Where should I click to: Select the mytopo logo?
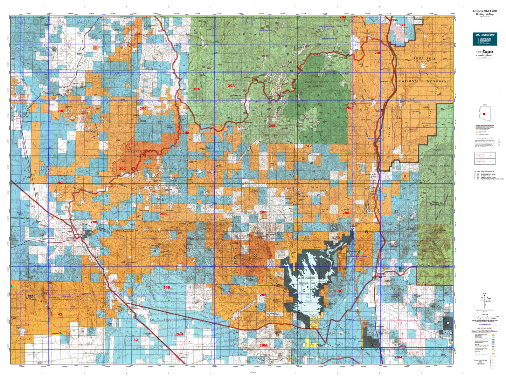tap(484, 53)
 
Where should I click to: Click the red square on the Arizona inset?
tap(484, 114)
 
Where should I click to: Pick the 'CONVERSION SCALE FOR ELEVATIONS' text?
tap(480, 362)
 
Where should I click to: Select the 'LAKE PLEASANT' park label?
tap(306, 278)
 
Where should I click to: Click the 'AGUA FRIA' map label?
tap(424, 59)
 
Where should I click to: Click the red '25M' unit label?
tap(398, 357)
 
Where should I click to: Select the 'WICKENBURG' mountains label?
tap(130, 232)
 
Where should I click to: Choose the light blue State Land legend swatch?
tap(493, 345)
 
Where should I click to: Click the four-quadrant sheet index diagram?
tap(484, 158)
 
